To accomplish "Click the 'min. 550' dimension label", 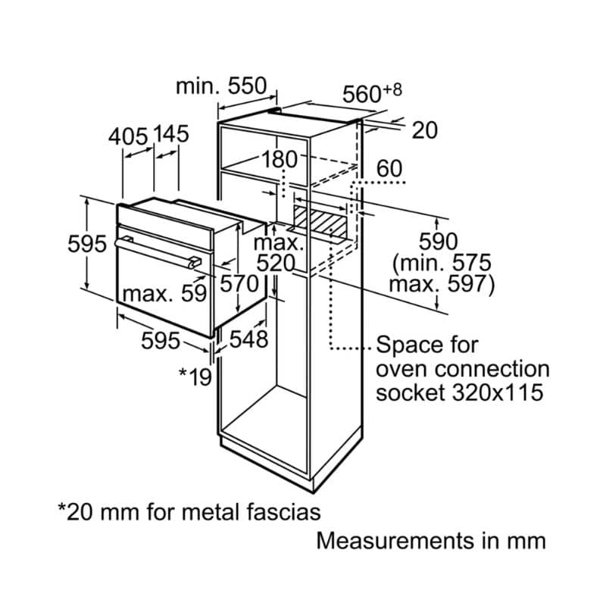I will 221,86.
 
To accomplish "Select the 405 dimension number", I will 127,136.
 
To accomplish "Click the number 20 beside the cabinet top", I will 425,130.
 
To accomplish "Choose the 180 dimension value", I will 283,160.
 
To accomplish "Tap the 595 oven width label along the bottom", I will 161,341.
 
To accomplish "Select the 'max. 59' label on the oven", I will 164,293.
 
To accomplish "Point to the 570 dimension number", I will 239,284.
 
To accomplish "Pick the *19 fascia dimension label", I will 195,376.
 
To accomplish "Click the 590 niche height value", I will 439,242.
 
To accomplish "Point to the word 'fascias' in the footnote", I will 281,511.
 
